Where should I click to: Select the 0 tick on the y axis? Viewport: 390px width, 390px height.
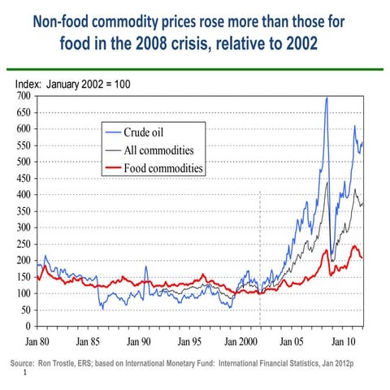[28, 327]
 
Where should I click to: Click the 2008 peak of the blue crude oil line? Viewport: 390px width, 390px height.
[327, 98]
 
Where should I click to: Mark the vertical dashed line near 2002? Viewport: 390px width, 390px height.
[259, 244]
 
